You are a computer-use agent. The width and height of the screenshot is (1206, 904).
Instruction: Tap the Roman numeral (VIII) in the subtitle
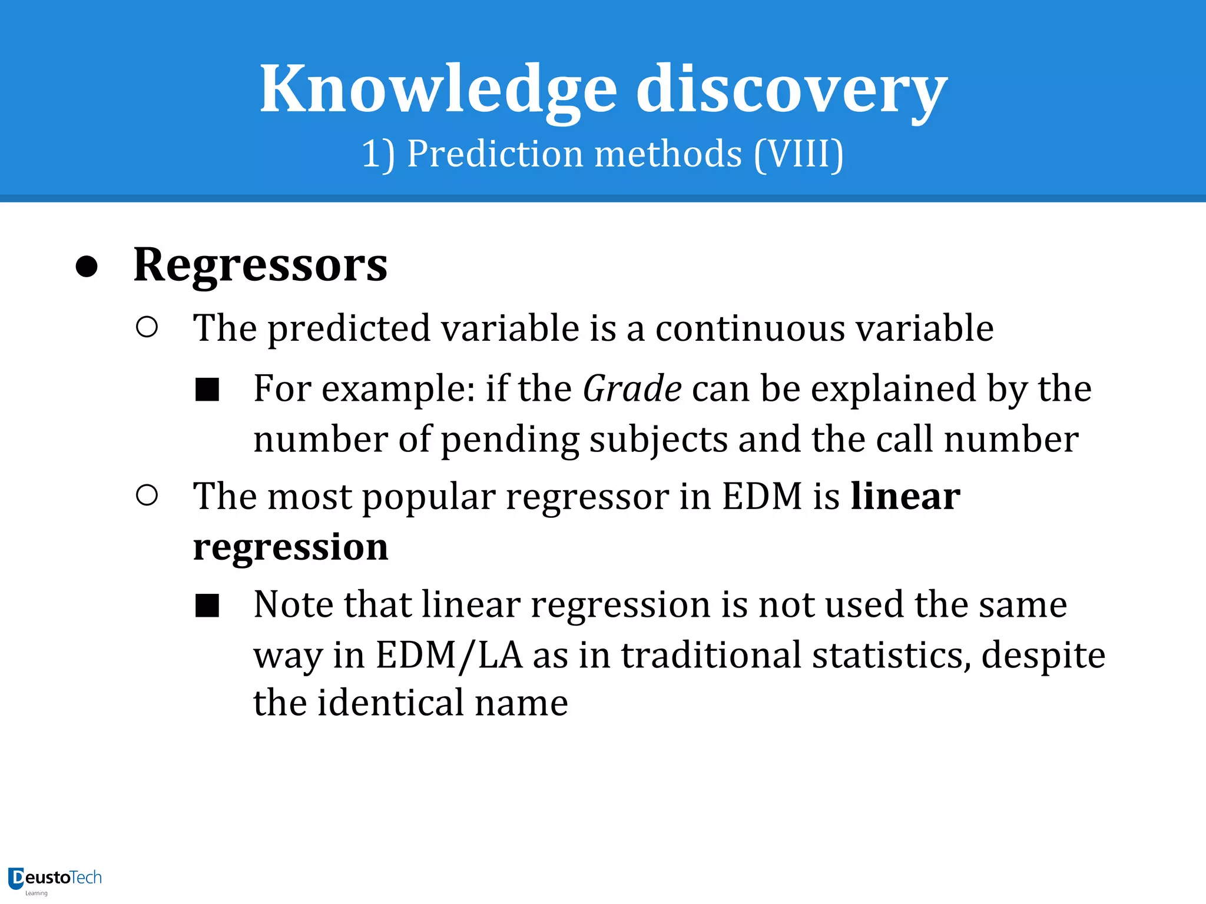(x=799, y=154)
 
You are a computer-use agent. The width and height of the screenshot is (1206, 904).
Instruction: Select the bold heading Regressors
(x=260, y=265)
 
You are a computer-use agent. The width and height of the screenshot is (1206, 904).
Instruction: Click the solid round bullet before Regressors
(x=87, y=267)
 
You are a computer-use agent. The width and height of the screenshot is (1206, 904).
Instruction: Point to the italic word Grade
(x=632, y=389)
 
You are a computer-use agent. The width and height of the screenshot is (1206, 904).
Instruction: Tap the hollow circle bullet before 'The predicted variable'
(x=147, y=327)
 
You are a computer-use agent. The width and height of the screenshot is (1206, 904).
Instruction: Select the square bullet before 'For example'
(x=207, y=390)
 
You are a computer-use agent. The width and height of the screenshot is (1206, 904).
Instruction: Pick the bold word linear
(x=905, y=496)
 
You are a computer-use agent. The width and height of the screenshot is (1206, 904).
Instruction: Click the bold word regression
(x=290, y=547)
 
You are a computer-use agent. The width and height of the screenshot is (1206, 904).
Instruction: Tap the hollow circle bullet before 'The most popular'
(x=147, y=496)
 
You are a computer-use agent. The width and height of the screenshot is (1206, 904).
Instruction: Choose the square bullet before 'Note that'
(x=207, y=606)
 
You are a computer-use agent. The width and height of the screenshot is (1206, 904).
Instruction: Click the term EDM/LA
(x=449, y=656)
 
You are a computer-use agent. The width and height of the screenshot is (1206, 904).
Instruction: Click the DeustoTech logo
(x=55, y=879)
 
